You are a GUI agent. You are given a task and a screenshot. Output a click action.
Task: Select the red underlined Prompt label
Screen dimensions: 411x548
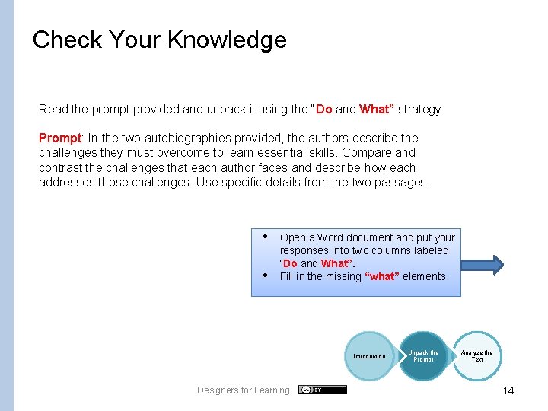coord(59,139)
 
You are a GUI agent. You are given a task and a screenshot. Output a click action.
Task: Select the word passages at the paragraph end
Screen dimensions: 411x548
coord(405,182)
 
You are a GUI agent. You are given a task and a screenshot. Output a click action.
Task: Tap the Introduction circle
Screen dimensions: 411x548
coord(369,356)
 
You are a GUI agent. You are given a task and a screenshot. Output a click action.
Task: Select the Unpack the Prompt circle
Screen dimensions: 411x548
coord(423,355)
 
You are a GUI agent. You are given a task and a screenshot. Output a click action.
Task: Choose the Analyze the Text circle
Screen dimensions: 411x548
coord(476,355)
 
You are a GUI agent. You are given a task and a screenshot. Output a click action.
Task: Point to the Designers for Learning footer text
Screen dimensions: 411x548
coord(243,390)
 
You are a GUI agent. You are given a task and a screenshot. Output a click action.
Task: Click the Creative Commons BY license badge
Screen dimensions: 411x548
coord(322,390)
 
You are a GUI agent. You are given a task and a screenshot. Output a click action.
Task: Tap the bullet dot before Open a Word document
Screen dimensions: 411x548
coord(265,236)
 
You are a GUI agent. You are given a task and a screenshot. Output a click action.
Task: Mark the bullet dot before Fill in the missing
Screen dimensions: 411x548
coord(265,276)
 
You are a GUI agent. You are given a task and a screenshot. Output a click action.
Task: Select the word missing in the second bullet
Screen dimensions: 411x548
coord(343,276)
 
